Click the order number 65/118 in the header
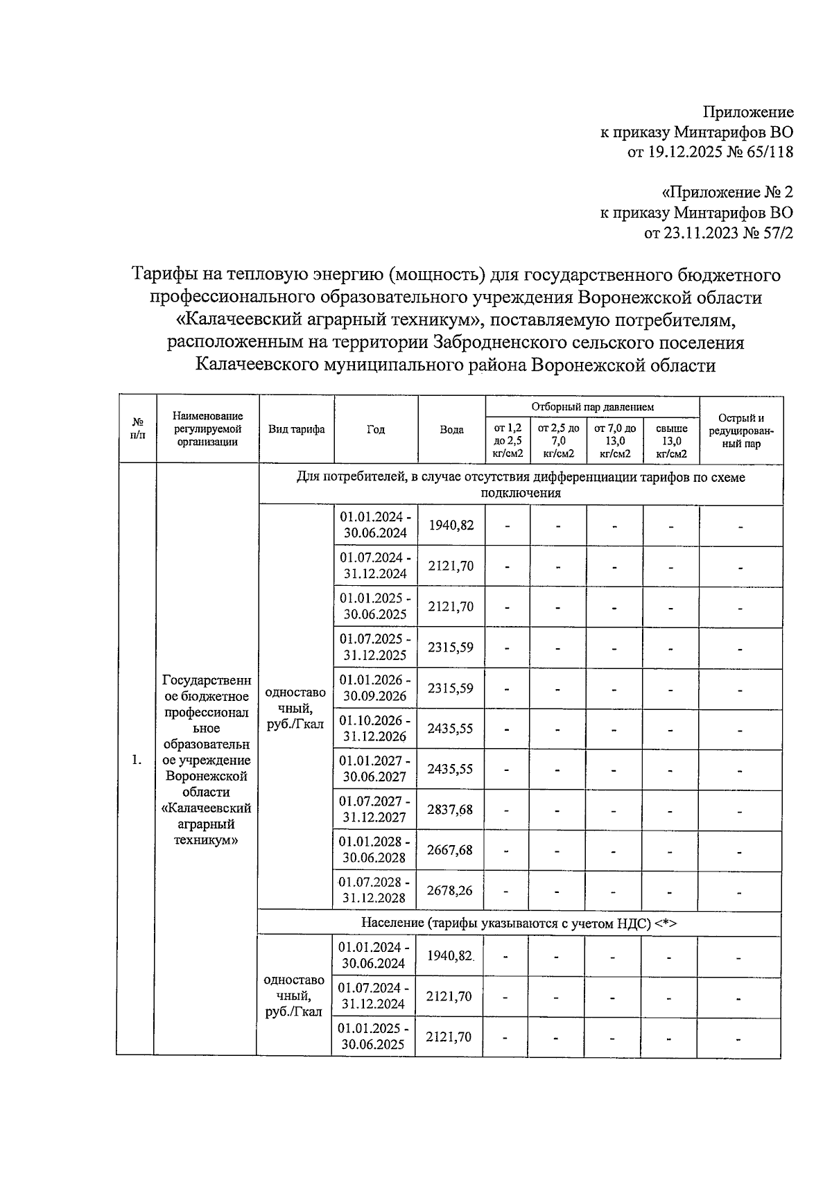pyautogui.click(x=765, y=152)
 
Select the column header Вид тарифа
pyautogui.click(x=296, y=429)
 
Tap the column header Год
pyautogui.click(x=375, y=429)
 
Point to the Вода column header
pyautogui.click(x=451, y=429)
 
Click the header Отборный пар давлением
pyautogui.click(x=592, y=407)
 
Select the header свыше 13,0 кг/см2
pyautogui.click(x=671, y=441)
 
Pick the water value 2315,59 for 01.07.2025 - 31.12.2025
pyautogui.click(x=451, y=648)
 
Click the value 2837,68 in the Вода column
pyautogui.click(x=451, y=809)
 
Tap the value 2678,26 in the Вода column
pyautogui.click(x=451, y=890)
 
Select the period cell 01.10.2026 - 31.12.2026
pyautogui.click(x=374, y=729)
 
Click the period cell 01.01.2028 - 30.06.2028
pyautogui.click(x=374, y=849)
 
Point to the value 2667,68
pyautogui.click(x=451, y=850)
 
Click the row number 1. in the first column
pyautogui.click(x=137, y=761)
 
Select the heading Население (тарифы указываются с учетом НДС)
pyautogui.click(x=519, y=923)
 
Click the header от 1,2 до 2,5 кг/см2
pyautogui.click(x=508, y=441)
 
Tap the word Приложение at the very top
pyautogui.click(x=748, y=112)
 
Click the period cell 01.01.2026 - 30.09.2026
pyautogui.click(x=374, y=688)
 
